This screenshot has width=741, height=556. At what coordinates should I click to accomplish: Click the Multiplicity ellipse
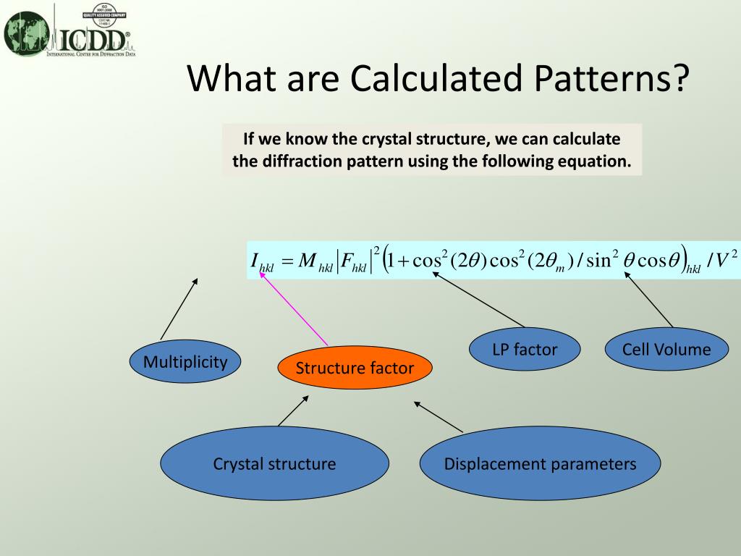point(185,362)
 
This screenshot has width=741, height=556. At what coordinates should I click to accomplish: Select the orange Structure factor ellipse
point(355,367)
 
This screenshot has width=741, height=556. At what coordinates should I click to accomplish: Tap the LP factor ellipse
point(525,349)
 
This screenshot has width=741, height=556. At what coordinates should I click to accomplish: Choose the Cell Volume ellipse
point(666,349)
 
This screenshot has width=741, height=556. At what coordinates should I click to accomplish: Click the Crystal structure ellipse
point(274,463)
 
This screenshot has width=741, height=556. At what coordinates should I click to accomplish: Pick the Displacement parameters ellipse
point(540,463)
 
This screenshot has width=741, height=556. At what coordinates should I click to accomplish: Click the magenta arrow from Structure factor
point(294,308)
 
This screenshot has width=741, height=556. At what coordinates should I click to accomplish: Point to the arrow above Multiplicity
point(179,308)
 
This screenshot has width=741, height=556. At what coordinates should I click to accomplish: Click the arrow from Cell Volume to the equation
point(648,300)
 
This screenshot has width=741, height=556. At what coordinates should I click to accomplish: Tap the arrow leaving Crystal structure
point(294,411)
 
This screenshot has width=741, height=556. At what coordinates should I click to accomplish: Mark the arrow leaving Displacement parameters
point(438,416)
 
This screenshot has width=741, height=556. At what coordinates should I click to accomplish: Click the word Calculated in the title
point(436,77)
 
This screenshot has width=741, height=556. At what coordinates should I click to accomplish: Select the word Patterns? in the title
point(611,77)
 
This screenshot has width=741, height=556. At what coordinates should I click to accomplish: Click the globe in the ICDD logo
point(26,33)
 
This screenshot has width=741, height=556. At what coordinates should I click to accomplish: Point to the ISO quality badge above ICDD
point(104,14)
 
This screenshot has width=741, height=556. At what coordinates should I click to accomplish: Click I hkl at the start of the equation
point(262,261)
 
